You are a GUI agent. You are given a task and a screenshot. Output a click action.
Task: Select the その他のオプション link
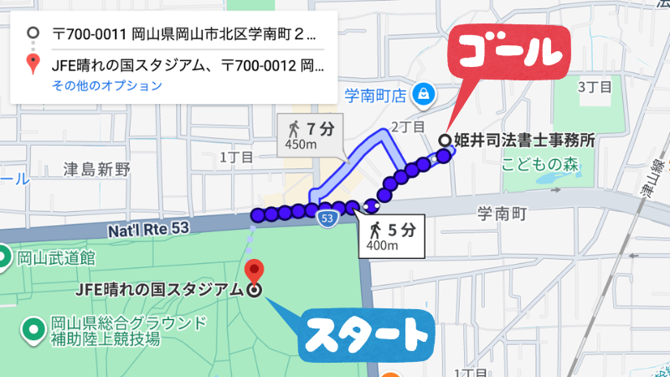tap(106, 85)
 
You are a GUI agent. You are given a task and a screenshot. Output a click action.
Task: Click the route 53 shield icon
tap(327, 219)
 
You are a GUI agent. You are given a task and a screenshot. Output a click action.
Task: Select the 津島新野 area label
tap(97, 169)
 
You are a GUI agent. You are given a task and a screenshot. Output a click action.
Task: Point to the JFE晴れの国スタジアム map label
tap(160, 290)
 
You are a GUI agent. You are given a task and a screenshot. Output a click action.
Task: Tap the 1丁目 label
tap(235, 157)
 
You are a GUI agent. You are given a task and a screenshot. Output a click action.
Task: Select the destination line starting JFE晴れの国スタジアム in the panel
tap(184, 63)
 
